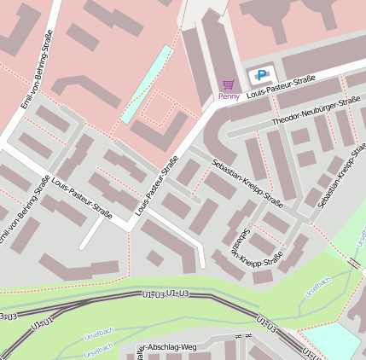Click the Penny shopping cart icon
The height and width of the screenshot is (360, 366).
(x=228, y=84)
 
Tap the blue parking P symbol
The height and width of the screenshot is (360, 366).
(x=261, y=75)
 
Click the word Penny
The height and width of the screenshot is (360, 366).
(x=229, y=96)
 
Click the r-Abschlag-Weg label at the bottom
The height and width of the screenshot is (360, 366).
(x=168, y=347)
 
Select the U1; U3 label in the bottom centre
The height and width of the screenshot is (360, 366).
(x=177, y=293)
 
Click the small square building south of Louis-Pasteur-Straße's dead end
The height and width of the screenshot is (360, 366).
(x=154, y=257)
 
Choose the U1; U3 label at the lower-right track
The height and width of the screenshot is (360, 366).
(x=267, y=323)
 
